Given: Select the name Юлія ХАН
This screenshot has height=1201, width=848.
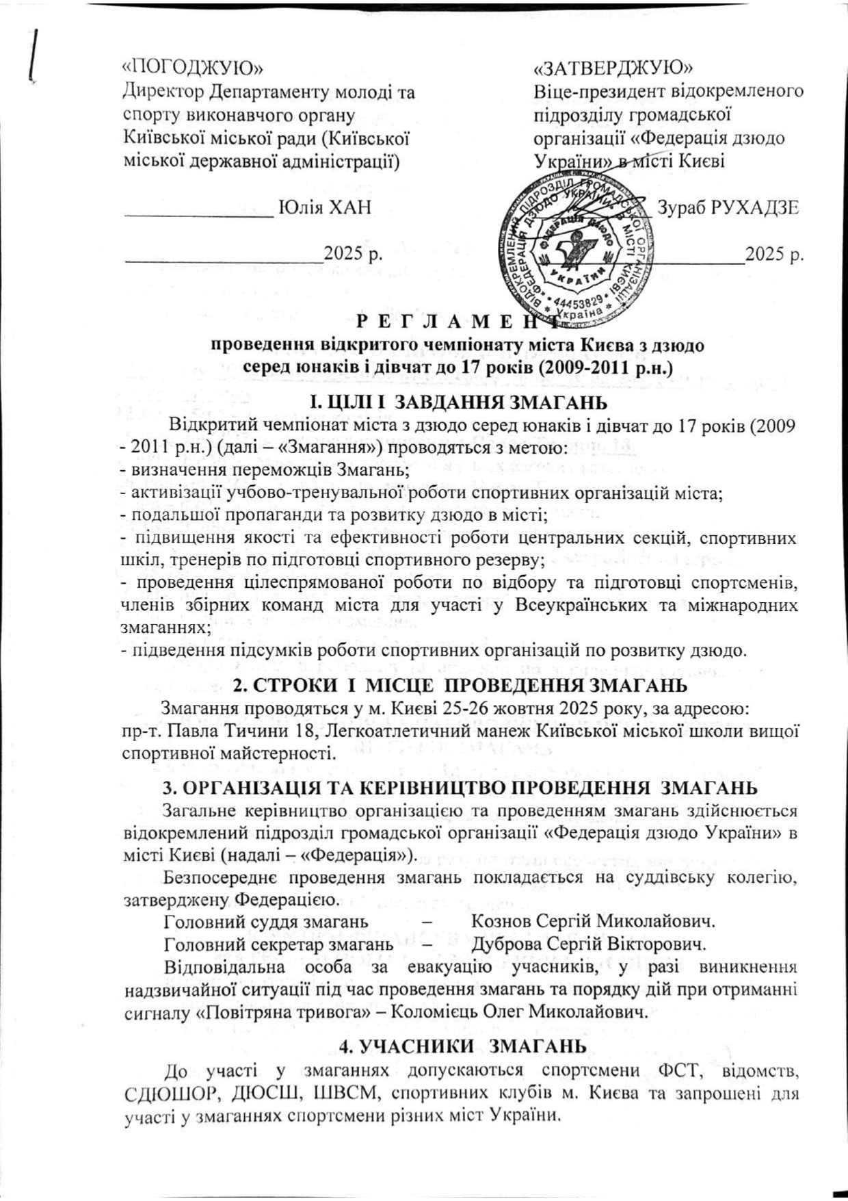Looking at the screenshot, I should [326, 207].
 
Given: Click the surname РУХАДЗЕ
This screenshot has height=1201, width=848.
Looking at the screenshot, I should [755, 207].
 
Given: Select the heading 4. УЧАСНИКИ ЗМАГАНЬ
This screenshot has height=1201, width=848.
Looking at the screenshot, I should [462, 1046].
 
